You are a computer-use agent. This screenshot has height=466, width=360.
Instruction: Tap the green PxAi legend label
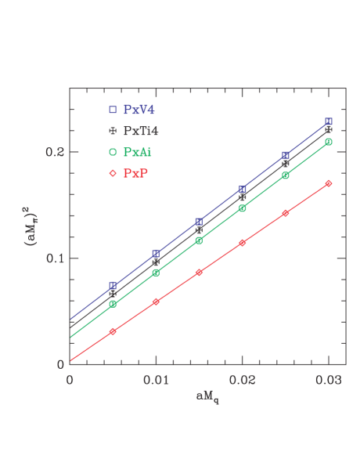coord(139,151)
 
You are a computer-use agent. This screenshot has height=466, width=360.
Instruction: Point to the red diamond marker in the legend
coord(113,172)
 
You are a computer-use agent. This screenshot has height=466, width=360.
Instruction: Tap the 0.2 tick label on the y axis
coord(54,152)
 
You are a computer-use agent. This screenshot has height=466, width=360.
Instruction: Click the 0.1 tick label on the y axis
coord(54,258)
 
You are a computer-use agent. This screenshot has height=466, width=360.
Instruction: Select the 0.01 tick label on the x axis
coord(156,379)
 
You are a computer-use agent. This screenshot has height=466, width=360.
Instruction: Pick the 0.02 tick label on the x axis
coord(242,379)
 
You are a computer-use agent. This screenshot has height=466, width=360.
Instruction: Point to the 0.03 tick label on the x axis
coord(328,379)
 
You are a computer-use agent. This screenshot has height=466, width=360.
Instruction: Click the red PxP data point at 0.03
coord(329,183)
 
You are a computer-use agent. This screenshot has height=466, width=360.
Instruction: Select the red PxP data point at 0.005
coord(113,331)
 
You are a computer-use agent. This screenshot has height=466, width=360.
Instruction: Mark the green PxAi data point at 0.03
coord(329,142)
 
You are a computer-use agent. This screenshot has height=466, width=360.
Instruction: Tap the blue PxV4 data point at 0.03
coord(329,121)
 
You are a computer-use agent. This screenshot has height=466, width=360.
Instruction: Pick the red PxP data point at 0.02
coord(242,243)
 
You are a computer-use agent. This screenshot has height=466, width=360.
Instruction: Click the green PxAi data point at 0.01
coord(156,273)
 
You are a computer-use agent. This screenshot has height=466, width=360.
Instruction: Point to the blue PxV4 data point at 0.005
coord(113,286)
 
